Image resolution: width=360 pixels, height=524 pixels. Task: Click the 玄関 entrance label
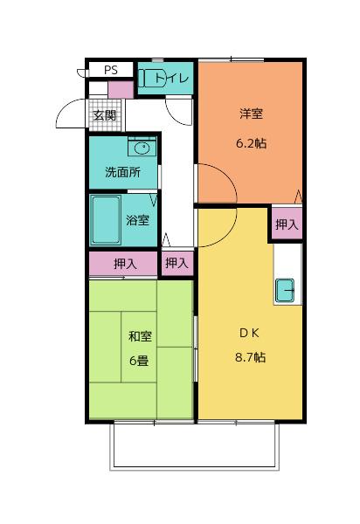105,114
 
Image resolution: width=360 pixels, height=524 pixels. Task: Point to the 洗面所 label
123,172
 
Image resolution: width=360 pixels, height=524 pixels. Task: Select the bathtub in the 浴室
106,220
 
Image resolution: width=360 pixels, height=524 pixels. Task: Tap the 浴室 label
137,220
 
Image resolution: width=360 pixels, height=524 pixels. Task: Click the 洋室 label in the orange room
252,114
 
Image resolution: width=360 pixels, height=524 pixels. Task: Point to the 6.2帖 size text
252,143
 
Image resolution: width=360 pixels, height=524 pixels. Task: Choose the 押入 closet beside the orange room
286,224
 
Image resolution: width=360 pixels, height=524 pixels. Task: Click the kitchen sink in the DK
286,290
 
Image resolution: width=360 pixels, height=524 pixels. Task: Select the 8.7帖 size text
250,358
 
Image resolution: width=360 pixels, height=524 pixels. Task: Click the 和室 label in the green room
138,335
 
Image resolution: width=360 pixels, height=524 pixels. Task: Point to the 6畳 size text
138,361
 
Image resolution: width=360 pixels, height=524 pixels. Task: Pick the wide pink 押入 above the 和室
124,263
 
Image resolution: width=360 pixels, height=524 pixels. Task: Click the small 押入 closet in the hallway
177,262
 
